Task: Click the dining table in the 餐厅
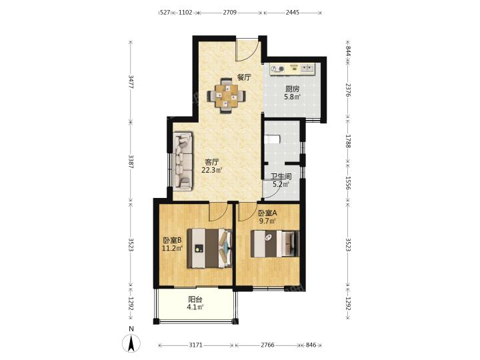click(x=226, y=96)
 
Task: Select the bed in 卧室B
click(x=210, y=248)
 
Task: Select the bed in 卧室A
click(x=275, y=244)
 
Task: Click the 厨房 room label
click(x=292, y=89)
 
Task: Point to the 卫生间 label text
click(x=281, y=177)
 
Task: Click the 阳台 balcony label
click(x=195, y=300)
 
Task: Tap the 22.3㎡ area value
click(x=211, y=170)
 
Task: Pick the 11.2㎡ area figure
click(x=173, y=248)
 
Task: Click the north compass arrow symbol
click(x=131, y=343)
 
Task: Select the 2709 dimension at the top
click(x=229, y=13)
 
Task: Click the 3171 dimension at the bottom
click(x=195, y=345)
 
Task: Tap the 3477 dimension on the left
click(x=131, y=82)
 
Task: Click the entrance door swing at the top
click(x=247, y=50)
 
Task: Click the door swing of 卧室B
click(x=219, y=212)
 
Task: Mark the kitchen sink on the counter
click(x=307, y=68)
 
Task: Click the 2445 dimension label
click(x=293, y=13)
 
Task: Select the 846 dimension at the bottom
click(x=311, y=345)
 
